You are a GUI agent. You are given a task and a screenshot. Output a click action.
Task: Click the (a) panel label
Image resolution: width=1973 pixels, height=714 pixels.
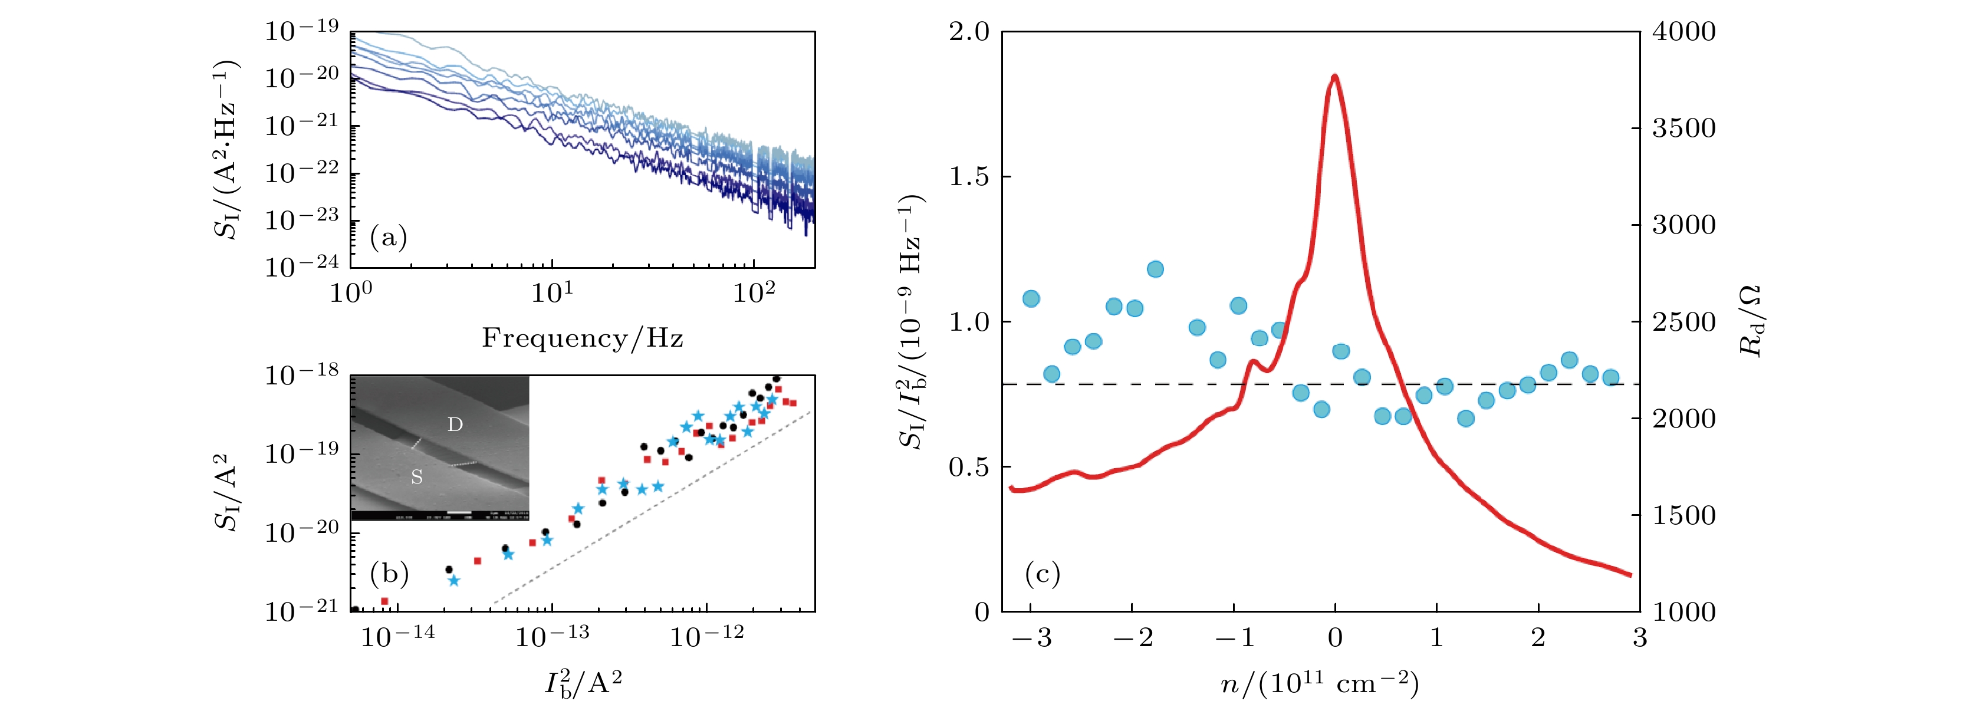pyautogui.click(x=389, y=238)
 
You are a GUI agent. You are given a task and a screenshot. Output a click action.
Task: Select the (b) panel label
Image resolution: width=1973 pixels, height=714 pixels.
pyautogui.click(x=389, y=573)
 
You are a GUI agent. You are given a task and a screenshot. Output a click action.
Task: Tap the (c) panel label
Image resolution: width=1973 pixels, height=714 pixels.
pyautogui.click(x=1042, y=573)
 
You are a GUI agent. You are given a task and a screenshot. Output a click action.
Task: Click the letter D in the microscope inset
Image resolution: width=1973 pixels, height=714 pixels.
pyautogui.click(x=455, y=425)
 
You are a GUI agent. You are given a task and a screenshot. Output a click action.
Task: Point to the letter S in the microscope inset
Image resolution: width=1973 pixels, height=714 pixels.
pyautogui.click(x=417, y=477)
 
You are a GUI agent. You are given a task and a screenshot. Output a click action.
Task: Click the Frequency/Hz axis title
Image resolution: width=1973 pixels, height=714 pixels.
pyautogui.click(x=582, y=338)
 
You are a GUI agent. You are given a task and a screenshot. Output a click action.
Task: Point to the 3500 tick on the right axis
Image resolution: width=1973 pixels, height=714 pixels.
pyautogui.click(x=1683, y=128)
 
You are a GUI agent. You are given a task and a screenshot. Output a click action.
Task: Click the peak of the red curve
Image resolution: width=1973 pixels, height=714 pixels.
pyautogui.click(x=1335, y=76)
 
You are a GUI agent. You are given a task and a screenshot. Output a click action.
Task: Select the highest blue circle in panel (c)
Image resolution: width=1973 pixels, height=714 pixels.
pyautogui.click(x=1155, y=269)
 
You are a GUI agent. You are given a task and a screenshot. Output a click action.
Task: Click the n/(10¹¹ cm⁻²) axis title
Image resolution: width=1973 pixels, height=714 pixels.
pyautogui.click(x=1319, y=683)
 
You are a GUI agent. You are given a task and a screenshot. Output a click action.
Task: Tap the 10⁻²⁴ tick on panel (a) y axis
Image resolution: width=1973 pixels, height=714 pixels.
pyautogui.click(x=301, y=266)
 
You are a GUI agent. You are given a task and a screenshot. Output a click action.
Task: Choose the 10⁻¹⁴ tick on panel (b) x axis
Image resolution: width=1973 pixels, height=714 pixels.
pyautogui.click(x=397, y=636)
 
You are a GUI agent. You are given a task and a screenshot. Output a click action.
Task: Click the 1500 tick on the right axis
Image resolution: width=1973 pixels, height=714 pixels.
pyautogui.click(x=1683, y=515)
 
